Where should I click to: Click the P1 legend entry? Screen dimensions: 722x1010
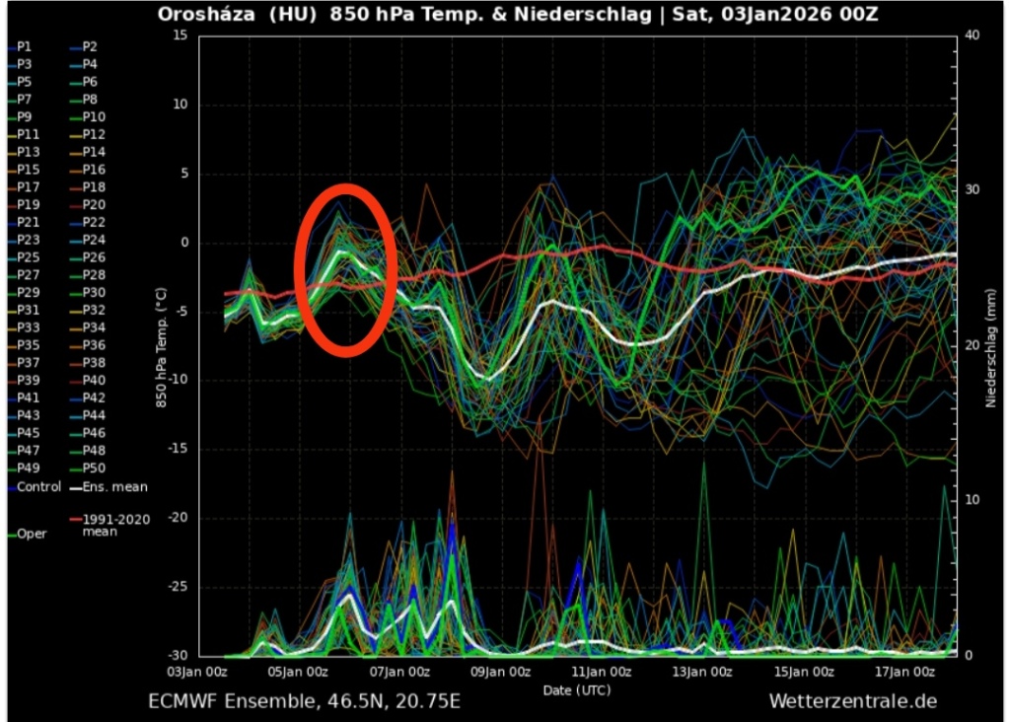click(x=25, y=46)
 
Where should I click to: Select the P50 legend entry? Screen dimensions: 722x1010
click(x=94, y=469)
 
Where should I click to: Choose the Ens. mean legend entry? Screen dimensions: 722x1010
click(x=114, y=486)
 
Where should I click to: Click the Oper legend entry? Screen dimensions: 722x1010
click(x=32, y=534)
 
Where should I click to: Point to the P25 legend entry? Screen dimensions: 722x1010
click(x=28, y=257)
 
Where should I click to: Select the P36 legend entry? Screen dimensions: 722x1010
click(x=94, y=345)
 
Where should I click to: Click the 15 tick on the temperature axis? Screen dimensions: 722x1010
click(x=180, y=36)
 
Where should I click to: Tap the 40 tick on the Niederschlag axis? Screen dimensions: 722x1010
click(x=972, y=36)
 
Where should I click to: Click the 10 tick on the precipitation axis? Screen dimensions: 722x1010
click(x=972, y=500)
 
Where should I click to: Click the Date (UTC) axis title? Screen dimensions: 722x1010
click(x=577, y=689)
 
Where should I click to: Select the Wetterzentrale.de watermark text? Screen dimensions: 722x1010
click(x=853, y=701)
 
